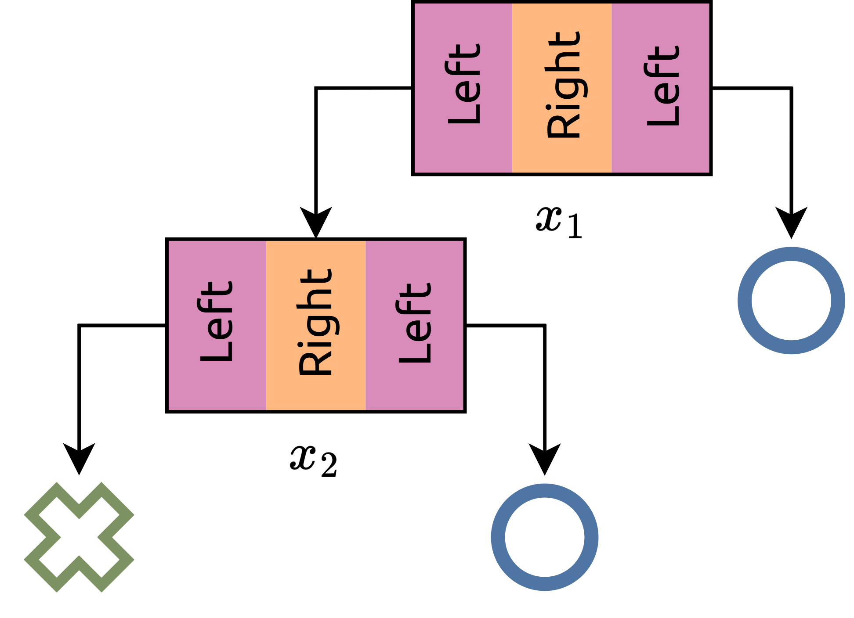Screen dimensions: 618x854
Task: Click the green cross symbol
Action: (79, 537)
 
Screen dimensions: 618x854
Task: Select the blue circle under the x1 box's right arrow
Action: (791, 301)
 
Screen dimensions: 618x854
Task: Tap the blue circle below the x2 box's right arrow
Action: (544, 537)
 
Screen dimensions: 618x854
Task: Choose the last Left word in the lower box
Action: (415, 323)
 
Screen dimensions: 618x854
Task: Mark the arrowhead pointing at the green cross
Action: (79, 459)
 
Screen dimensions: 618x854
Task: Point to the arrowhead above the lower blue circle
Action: (544, 459)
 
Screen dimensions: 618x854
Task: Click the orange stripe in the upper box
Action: (562, 158)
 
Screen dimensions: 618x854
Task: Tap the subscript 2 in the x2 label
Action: (329, 465)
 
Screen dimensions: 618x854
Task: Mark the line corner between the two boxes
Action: (316, 89)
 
